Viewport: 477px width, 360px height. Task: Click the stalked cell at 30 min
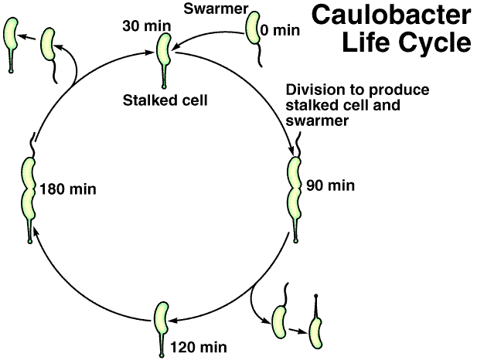point(165,51)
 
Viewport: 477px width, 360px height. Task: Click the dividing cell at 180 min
point(29,189)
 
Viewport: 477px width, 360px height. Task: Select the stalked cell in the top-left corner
point(10,36)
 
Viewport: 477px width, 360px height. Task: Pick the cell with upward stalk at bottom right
point(315,328)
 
